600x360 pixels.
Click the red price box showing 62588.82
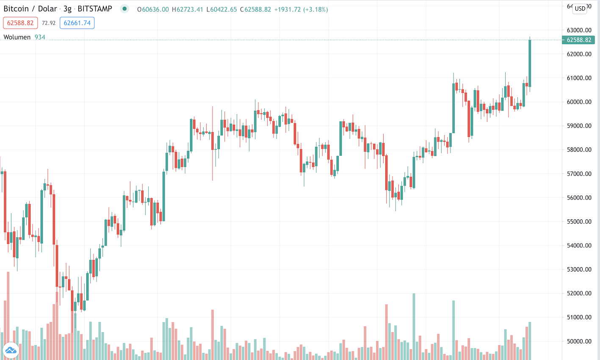click(20, 23)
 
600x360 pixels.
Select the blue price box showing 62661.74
click(77, 23)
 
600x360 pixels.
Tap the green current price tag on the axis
click(578, 40)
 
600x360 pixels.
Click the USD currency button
click(580, 8)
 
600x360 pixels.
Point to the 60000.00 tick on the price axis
click(579, 102)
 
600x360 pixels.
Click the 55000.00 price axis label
click(579, 222)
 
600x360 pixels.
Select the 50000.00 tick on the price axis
click(579, 341)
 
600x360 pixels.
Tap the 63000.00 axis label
click(579, 30)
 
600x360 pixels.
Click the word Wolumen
click(17, 37)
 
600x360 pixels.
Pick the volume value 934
click(40, 37)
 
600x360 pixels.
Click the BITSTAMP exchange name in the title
click(95, 9)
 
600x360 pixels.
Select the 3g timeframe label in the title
click(67, 9)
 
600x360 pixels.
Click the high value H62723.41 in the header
click(187, 9)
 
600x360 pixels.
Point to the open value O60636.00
click(153, 9)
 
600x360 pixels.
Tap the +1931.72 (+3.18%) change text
click(301, 9)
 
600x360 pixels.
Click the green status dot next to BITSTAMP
click(124, 8)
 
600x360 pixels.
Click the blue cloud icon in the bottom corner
click(11, 350)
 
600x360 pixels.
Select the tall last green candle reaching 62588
click(530, 64)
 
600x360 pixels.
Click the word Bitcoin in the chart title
click(16, 9)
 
